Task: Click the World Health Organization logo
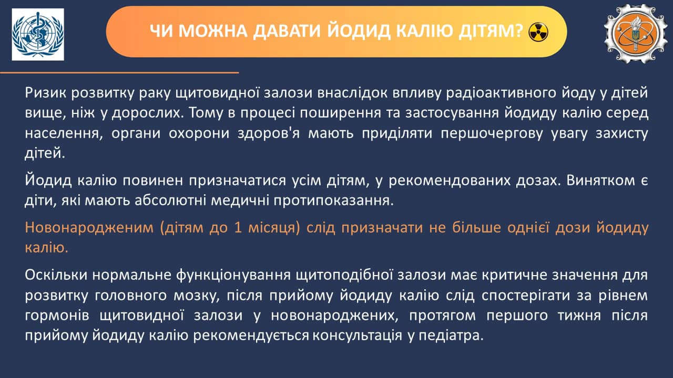click(x=38, y=34)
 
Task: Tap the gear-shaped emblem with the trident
click(x=636, y=34)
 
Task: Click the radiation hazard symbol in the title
click(x=538, y=32)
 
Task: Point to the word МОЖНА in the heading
click(x=213, y=31)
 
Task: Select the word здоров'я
click(x=269, y=133)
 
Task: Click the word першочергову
click(x=492, y=133)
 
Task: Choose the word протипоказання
click(x=333, y=201)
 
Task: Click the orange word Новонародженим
click(x=89, y=228)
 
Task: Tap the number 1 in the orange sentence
click(x=238, y=228)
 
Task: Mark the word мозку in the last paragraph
click(x=197, y=295)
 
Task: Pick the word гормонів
click(x=57, y=316)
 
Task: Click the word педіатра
click(x=451, y=335)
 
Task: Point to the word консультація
click(x=357, y=335)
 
